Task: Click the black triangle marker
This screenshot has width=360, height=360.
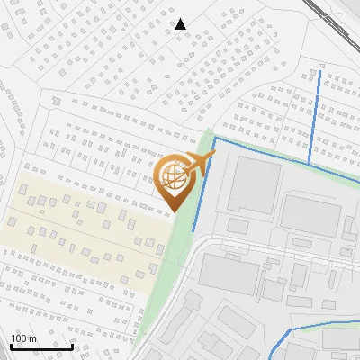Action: [181, 24]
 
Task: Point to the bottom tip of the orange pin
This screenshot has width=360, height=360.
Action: [173, 212]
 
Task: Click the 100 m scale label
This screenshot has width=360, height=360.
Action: [22, 338]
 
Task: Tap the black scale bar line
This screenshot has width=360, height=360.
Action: [41, 346]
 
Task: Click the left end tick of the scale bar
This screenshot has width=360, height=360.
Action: [11, 345]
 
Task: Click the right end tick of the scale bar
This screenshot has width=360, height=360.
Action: [72, 345]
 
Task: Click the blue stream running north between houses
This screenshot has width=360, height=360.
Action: [314, 117]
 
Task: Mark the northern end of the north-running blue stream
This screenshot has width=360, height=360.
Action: [321, 67]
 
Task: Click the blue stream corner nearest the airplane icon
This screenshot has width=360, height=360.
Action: [214, 139]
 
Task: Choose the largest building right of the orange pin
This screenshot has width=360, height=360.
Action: [253, 184]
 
